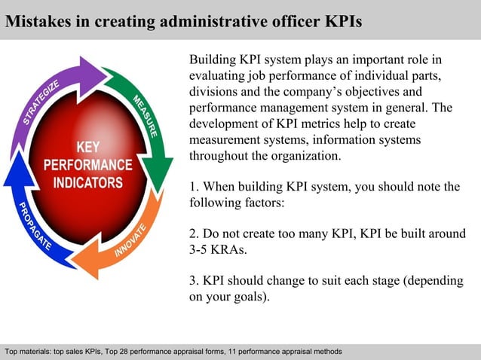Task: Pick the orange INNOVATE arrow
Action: click(128, 241)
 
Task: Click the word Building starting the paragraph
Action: click(213, 59)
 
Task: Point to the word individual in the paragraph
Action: click(375, 75)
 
